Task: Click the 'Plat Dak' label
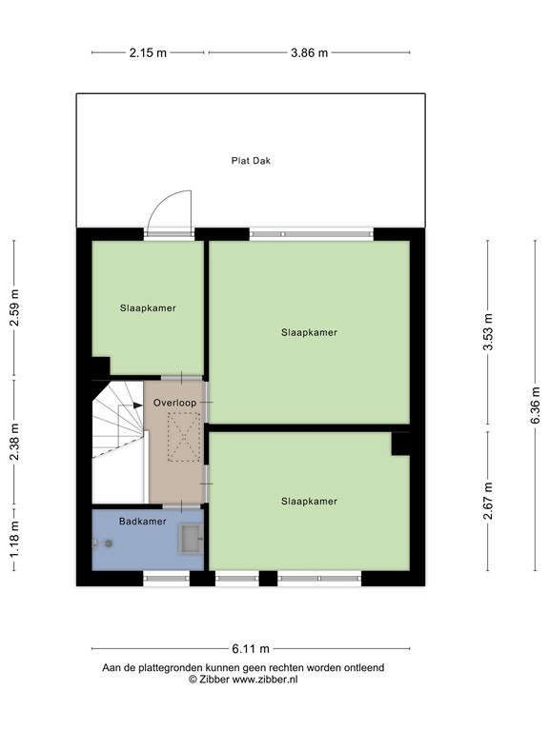251,161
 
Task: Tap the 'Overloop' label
174,404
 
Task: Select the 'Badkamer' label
142,522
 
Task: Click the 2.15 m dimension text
148,53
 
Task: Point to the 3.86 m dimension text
309,53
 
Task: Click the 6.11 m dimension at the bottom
251,648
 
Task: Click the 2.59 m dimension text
14,308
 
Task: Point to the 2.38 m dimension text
14,442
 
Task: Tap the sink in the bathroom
191,540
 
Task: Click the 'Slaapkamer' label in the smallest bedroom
148,308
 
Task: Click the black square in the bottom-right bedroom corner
400,443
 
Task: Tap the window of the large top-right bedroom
312,233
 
